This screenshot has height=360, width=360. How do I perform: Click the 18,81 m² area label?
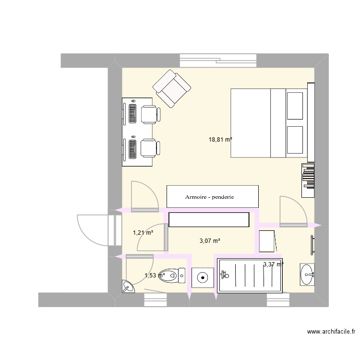coord(220,140)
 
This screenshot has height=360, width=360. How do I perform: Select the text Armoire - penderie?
coord(212,197)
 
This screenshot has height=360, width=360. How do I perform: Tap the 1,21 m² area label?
coord(143,233)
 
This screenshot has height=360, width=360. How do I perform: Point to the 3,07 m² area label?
coord(209,241)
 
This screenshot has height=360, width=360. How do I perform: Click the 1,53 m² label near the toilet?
coord(155,276)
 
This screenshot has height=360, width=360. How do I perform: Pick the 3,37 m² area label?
coord(273,264)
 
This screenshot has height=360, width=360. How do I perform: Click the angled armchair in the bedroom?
coord(171,88)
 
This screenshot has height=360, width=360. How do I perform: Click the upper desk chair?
coord(150,114)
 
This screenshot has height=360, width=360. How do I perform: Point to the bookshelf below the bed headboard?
coord(308,180)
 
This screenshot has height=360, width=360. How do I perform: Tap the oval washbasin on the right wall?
coord(307,275)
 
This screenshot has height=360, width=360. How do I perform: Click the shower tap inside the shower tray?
coord(224,275)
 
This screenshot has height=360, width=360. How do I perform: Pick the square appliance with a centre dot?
coord(203,277)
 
